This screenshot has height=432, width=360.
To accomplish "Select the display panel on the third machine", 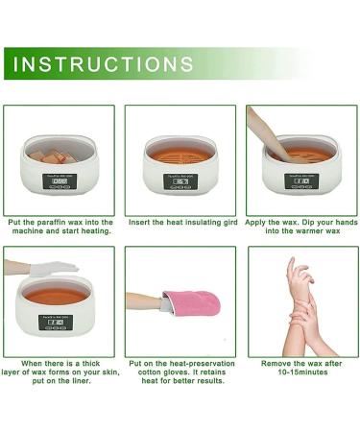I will (x=301, y=179).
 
